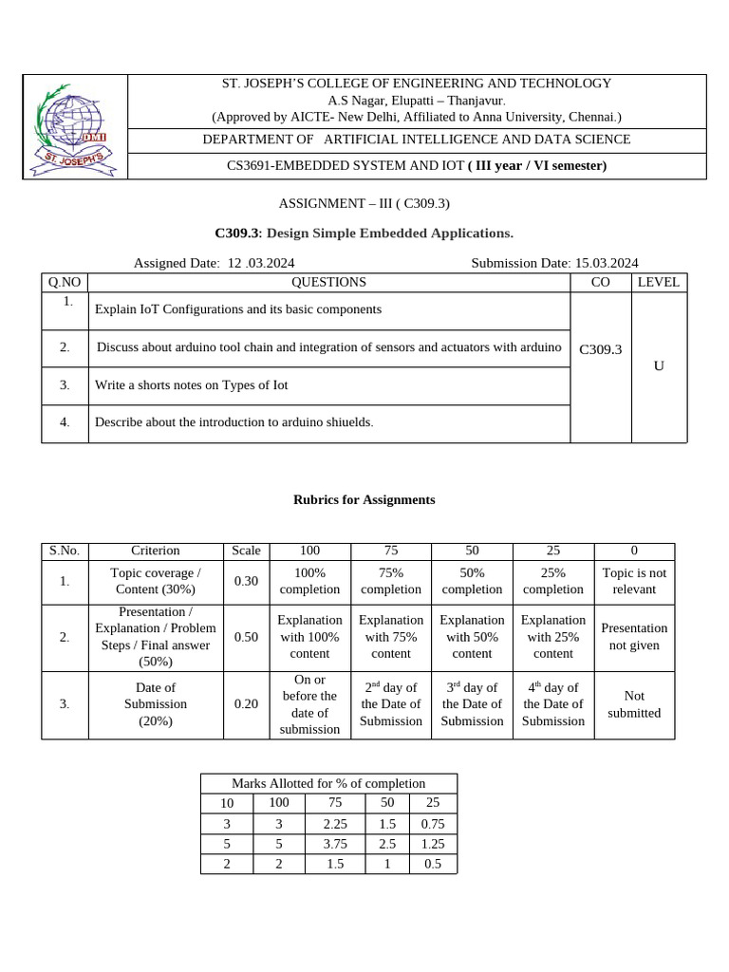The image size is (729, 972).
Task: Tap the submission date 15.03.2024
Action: coord(607,263)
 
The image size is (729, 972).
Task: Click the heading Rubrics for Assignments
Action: coord(364,499)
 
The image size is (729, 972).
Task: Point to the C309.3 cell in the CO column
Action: coord(600,349)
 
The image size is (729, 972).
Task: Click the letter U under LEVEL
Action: coord(659,365)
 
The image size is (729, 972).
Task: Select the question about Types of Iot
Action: coord(191,385)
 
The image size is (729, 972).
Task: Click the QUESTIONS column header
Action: coord(328,282)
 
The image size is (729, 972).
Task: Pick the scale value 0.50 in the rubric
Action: coord(246,637)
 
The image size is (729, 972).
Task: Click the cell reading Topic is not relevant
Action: coord(634,581)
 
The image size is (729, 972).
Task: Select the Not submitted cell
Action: coord(634,704)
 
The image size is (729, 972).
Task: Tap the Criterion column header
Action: coord(156,551)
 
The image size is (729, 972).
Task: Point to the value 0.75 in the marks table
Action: coord(432,824)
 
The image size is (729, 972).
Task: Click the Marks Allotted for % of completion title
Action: coord(328,783)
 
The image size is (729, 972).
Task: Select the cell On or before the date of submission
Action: coord(309,704)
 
